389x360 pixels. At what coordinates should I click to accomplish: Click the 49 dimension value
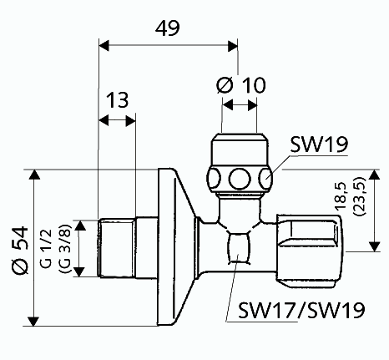pos(168,28)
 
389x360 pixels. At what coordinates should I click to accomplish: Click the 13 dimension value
pos(118,100)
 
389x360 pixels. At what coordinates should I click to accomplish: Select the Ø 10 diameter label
pos(241,85)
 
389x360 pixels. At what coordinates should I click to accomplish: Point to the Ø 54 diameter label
pos(20,250)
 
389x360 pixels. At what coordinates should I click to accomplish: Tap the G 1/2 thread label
pos(46,248)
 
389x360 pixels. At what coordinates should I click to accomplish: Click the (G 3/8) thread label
pos(65,248)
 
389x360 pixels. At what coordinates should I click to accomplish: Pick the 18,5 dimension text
pos(340,196)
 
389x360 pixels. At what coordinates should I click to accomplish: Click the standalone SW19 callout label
pos(319,145)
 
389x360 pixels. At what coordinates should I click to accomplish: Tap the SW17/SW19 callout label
pos(301,310)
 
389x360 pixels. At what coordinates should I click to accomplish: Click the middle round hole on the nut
pos(240,179)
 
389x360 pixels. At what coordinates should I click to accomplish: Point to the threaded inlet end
pos(117,248)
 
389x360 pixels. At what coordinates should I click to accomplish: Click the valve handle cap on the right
pos(310,251)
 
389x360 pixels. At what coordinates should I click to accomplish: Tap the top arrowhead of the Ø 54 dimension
pos(34,175)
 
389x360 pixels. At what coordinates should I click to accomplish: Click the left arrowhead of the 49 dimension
pos(104,46)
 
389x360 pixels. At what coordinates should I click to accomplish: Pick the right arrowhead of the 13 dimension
pos(130,121)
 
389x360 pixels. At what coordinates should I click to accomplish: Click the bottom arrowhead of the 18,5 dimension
pos(375,246)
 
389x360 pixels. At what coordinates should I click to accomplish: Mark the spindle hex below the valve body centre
pos(239,249)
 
